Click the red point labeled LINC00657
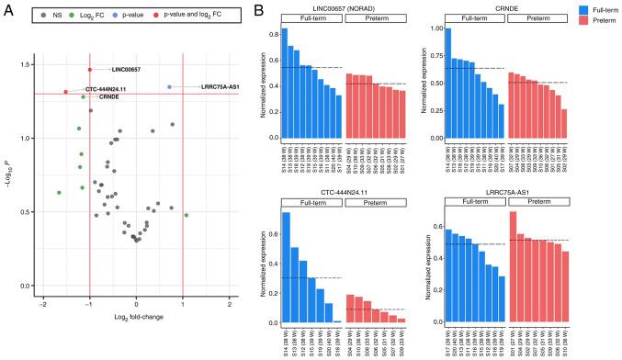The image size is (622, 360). pyautogui.click(x=90, y=69)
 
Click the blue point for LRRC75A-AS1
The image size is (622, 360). pyautogui.click(x=169, y=87)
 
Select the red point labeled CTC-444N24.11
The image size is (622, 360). pyautogui.click(x=66, y=91)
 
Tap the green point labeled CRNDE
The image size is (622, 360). pyautogui.click(x=84, y=96)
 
